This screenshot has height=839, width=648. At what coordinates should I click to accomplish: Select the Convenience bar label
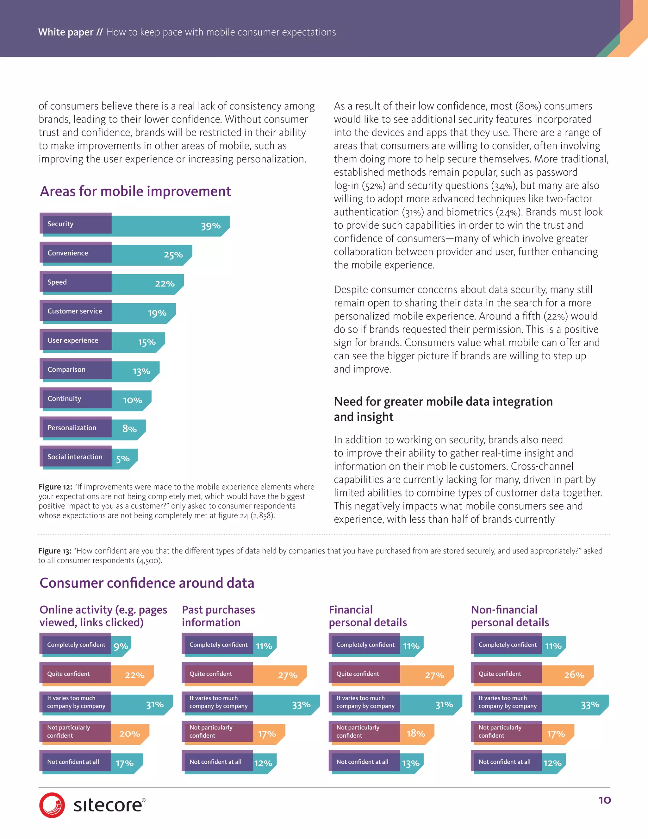tap(68, 253)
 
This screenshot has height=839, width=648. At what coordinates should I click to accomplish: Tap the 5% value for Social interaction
tap(122, 459)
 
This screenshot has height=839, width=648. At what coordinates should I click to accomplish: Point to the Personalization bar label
tap(72, 427)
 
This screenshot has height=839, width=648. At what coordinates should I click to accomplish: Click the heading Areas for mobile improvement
tap(135, 191)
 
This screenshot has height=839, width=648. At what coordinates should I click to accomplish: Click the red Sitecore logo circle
tap(52, 804)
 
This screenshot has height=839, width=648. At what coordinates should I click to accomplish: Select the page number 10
tap(604, 800)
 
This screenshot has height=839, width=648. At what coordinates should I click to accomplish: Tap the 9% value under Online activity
tap(121, 646)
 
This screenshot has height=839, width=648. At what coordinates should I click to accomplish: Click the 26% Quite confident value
tap(574, 675)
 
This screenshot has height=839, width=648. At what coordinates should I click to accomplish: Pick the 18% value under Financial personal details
tap(415, 733)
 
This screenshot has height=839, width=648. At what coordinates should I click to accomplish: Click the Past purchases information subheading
tap(218, 616)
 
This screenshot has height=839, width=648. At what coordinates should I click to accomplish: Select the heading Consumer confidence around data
tap(146, 583)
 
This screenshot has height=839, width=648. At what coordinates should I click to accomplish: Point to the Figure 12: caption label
tap(55, 487)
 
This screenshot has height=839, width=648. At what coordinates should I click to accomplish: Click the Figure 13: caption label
tap(54, 551)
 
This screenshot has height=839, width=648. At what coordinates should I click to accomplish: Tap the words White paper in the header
tap(65, 32)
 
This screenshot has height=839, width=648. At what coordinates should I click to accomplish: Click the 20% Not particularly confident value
tap(129, 734)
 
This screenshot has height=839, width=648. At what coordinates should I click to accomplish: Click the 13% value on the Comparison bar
tap(141, 371)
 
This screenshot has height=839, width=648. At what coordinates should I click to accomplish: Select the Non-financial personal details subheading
tap(509, 616)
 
